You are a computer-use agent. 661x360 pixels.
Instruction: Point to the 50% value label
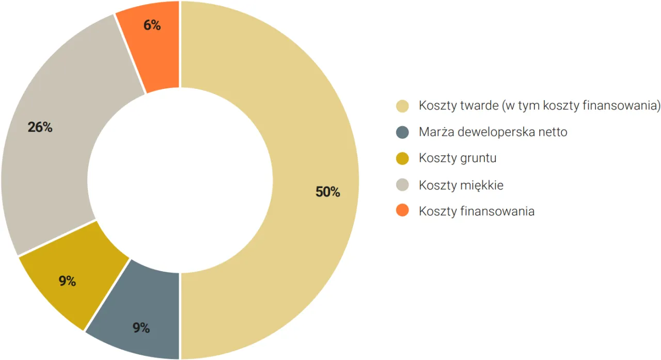pos(328,192)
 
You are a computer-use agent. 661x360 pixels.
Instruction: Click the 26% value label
pos(40,127)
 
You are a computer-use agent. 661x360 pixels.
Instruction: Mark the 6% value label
pos(152,25)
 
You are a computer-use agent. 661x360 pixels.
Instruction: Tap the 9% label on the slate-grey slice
pos(141,327)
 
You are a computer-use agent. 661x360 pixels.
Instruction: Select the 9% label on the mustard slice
pos(67,281)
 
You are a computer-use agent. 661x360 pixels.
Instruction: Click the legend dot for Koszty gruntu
pos(402,158)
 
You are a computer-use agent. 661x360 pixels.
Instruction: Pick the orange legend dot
pos(402,211)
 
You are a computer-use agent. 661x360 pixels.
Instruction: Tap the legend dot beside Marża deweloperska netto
pos(402,132)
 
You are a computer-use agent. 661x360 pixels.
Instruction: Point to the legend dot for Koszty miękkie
pos(402,185)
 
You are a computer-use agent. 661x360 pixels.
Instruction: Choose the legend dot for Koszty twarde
pos(402,106)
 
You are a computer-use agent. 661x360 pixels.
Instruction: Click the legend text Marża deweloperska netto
pos(493,132)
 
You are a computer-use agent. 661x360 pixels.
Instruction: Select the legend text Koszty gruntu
pos(458,158)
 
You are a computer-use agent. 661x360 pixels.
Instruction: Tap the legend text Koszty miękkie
pos(461,185)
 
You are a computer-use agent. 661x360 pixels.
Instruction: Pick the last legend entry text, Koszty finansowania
pos(477,211)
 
